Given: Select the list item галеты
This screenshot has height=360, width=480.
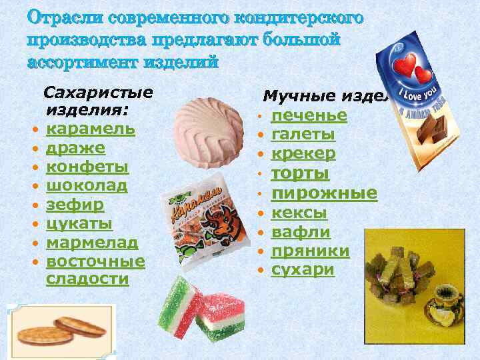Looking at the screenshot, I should tap(303, 135).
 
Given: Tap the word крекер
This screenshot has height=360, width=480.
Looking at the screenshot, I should tap(303, 154).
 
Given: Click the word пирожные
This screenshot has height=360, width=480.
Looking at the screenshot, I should tap(324, 193).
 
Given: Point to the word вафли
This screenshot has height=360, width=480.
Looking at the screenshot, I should tap(301, 232).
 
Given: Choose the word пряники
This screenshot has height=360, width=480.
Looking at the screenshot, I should tap(311, 251).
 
